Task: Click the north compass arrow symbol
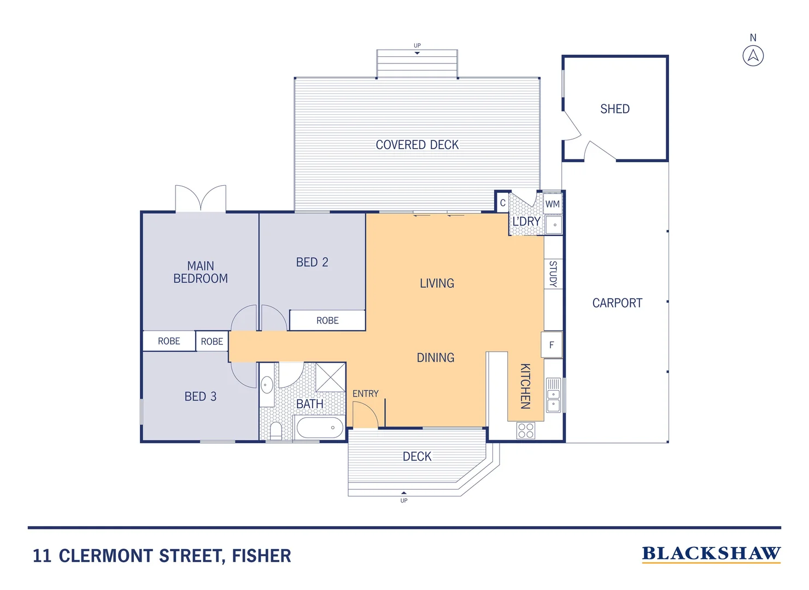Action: point(753,56)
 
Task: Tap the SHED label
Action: point(615,109)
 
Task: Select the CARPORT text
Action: point(617,303)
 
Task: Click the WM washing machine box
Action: point(553,204)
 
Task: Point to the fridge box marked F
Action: point(552,345)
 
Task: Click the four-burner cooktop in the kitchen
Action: point(526,430)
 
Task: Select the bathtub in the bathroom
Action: point(320,427)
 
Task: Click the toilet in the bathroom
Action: point(276,430)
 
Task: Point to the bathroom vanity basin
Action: point(267,385)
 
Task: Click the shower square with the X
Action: point(331,377)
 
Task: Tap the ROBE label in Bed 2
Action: point(327,321)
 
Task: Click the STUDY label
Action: point(553,274)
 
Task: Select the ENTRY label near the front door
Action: point(365,393)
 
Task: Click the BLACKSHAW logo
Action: point(711,554)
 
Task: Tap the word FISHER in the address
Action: point(261,556)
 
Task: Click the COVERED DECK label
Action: point(417,145)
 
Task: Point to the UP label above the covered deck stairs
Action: point(417,45)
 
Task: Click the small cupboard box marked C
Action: point(502,203)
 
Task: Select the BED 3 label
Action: point(200,397)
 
